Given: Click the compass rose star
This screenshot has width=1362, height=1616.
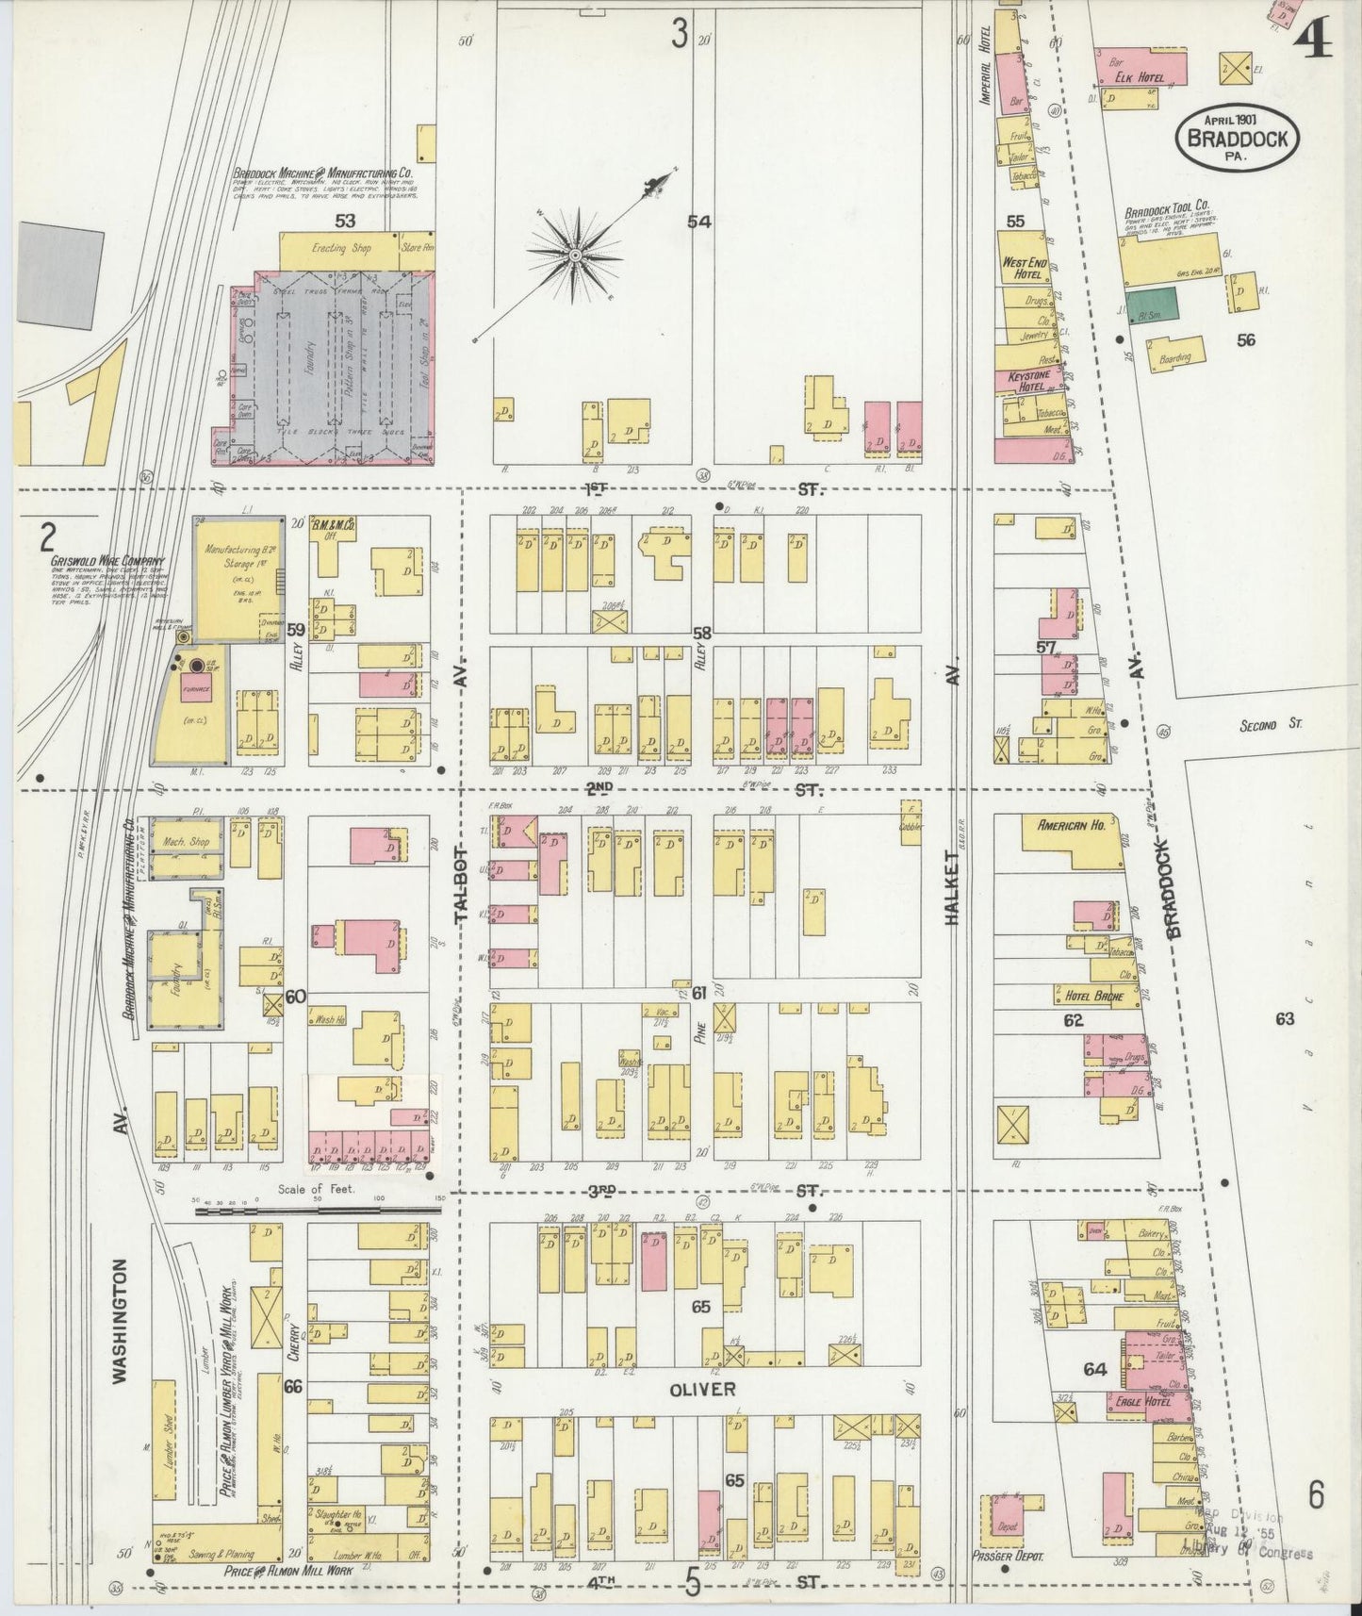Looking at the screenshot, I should tap(575, 255).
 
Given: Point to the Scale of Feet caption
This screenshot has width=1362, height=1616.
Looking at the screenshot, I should tap(323, 1189).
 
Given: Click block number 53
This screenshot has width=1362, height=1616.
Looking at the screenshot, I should tap(345, 221).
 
